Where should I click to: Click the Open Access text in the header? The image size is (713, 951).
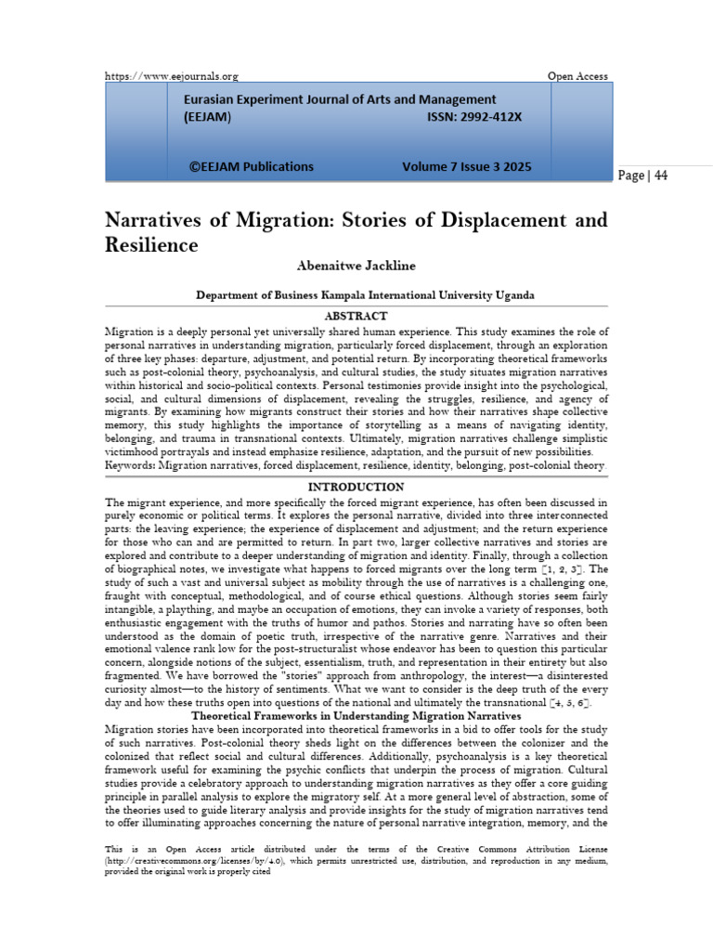[578, 76]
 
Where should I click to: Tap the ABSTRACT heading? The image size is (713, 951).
[356, 317]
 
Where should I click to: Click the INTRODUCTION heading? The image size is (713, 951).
[356, 487]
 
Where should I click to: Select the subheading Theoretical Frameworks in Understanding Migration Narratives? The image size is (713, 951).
[356, 716]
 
